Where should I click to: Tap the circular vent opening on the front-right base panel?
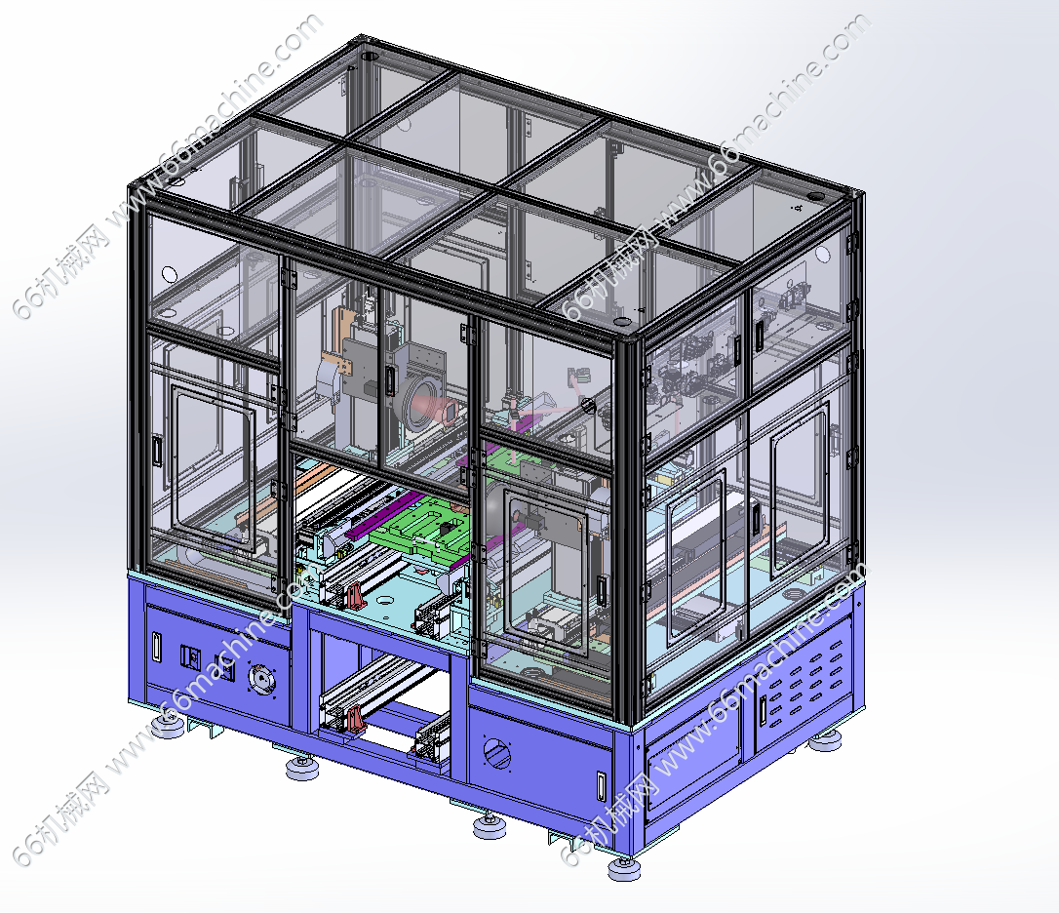click(497, 752)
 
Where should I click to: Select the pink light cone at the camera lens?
click(439, 408)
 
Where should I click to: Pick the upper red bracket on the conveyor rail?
click(355, 595)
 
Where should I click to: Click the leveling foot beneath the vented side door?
click(825, 742)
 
